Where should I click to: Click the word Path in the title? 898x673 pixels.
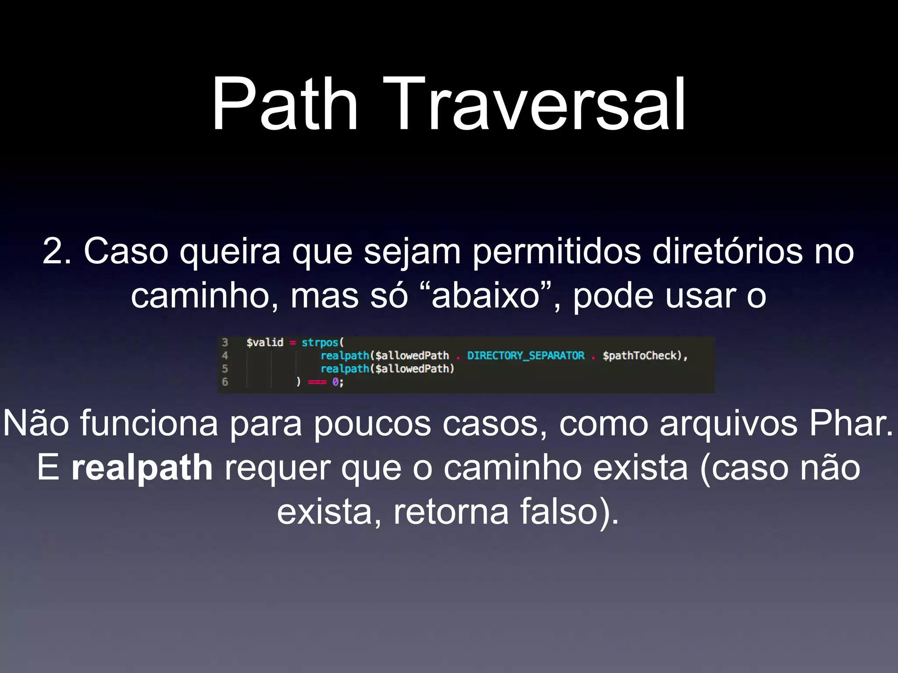285,105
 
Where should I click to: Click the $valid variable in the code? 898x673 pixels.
265,342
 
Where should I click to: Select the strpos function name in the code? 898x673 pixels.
320,342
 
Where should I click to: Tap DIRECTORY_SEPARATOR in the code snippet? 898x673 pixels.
525,355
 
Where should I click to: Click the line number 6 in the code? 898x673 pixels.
225,382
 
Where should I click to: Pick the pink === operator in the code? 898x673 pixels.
317,382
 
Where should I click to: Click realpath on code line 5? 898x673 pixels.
345,369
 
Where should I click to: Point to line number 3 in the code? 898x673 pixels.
225,342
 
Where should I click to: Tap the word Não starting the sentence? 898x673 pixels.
36,423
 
